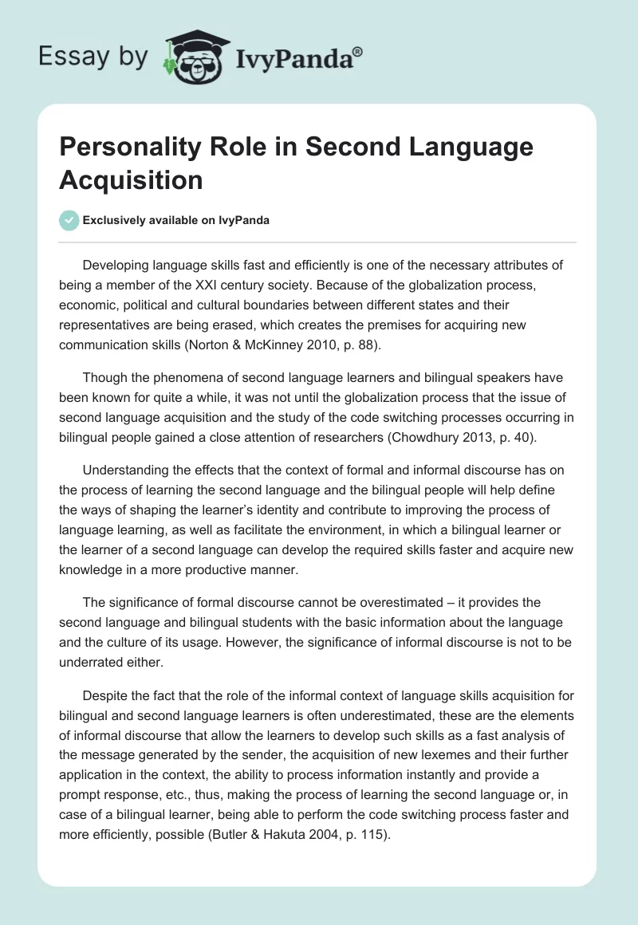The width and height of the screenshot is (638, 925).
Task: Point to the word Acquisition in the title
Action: [131, 179]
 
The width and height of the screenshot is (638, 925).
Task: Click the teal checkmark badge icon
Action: [70, 220]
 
